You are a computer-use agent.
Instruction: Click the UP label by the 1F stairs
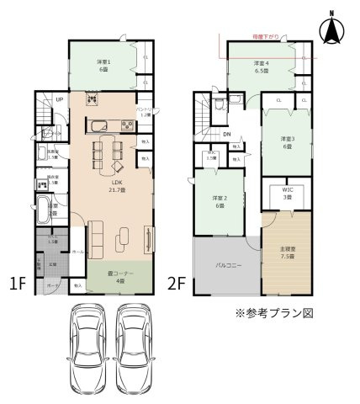[x=59, y=100]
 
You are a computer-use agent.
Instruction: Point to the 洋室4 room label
[x=262, y=67]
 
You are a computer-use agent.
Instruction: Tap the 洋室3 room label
[x=288, y=142]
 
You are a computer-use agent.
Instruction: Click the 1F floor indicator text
[x=17, y=284]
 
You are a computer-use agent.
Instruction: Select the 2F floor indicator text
[x=177, y=284]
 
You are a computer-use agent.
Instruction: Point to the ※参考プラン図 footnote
[x=276, y=312]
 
